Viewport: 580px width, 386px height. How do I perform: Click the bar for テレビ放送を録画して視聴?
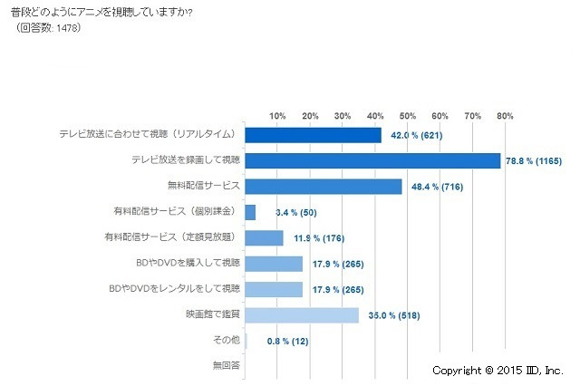(x=372, y=160)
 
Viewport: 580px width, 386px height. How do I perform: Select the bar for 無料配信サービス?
(x=324, y=187)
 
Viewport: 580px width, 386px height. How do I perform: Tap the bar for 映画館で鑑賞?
(x=302, y=315)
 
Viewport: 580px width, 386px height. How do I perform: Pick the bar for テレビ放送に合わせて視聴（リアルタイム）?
(x=314, y=135)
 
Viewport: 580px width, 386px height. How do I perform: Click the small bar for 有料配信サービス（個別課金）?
(x=250, y=212)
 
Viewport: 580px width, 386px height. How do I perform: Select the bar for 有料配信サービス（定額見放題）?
(x=265, y=238)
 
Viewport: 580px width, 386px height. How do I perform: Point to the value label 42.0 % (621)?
(x=420, y=136)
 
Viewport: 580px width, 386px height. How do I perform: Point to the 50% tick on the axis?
(x=407, y=116)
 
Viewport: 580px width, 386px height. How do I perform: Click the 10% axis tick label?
(x=277, y=116)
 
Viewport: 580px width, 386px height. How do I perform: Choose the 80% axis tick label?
(x=504, y=116)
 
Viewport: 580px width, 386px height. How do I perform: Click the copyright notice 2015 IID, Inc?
(x=498, y=371)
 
